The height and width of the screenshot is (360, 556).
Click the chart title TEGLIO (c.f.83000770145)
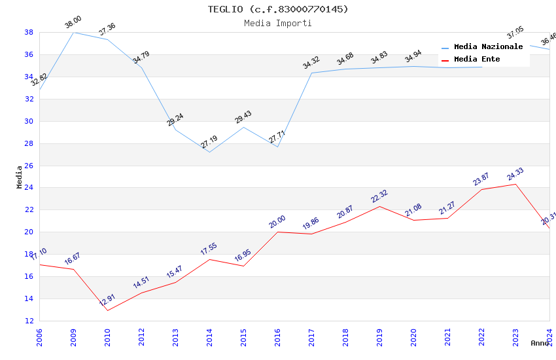[278, 9]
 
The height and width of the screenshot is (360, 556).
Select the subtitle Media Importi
[278, 23]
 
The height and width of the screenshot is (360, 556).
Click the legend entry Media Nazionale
[488, 46]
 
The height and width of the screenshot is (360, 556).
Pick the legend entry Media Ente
[477, 59]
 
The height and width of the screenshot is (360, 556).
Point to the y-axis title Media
[20, 177]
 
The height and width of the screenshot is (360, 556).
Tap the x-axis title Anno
[540, 343]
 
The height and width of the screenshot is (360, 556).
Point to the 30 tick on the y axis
[29, 121]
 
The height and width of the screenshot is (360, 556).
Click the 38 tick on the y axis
[29, 32]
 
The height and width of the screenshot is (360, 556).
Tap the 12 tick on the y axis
[29, 321]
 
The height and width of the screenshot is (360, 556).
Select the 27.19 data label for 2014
[209, 143]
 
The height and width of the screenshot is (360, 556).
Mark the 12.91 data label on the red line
[107, 300]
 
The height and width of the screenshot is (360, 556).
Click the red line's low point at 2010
[107, 310]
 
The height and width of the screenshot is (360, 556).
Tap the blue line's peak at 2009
[73, 32]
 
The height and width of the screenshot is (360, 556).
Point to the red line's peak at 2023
[515, 184]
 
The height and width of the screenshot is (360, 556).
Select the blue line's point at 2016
[277, 147]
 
